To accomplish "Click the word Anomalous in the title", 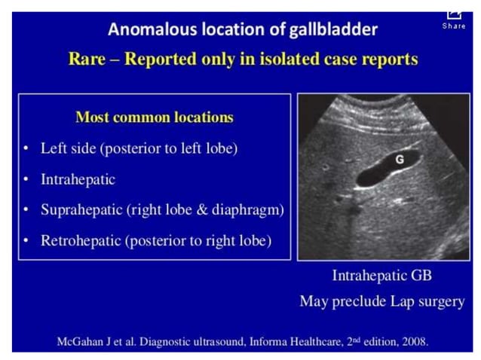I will click(x=146, y=29).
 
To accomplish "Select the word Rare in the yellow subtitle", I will click(x=87, y=59).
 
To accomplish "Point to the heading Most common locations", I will click(x=155, y=117).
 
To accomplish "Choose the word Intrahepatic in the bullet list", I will click(x=78, y=180).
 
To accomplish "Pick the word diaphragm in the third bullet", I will click(x=247, y=210).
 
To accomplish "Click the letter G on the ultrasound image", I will click(x=400, y=160).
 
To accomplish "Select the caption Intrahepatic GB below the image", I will click(x=381, y=275).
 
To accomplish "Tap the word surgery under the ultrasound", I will click(x=438, y=301).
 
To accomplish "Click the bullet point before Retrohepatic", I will click(x=26, y=241).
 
